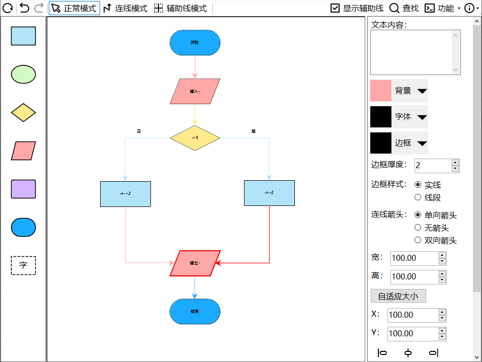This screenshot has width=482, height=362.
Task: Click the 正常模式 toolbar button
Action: [x=74, y=8]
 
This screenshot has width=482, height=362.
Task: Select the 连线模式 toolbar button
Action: [x=125, y=8]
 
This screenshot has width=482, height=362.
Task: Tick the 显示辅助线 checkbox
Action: [x=335, y=8]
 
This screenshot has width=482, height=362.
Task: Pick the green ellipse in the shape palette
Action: [x=23, y=74]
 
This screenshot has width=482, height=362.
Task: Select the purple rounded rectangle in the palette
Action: [x=23, y=189]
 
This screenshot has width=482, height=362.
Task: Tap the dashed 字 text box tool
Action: [x=23, y=265]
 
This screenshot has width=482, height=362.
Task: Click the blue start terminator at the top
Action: [x=195, y=42]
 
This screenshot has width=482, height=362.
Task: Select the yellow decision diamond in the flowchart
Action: [x=195, y=137]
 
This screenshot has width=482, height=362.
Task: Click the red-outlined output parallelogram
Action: [x=195, y=263]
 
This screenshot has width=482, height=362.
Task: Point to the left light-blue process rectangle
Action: [x=125, y=194]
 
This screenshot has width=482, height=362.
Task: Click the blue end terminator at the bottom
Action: [x=195, y=311]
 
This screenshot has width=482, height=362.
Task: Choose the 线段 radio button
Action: [x=418, y=197]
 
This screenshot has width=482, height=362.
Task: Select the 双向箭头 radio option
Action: [x=418, y=240]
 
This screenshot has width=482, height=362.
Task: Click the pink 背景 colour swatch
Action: [x=381, y=91]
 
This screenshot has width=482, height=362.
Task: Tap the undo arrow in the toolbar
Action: [x=24, y=8]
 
